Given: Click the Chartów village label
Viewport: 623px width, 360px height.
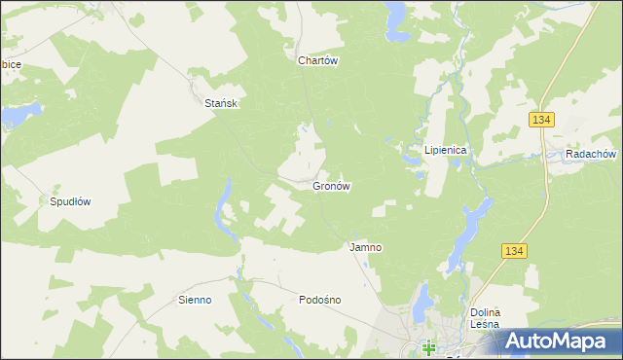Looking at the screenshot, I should tap(317, 59).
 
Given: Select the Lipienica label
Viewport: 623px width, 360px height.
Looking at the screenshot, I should tap(446, 151).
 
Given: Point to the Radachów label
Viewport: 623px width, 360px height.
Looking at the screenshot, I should tap(590, 154).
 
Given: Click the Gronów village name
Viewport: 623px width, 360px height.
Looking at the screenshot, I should tap(331, 185).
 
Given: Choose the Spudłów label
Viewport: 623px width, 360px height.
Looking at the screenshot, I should tap(70, 202).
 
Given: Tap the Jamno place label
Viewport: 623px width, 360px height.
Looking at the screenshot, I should tap(365, 247).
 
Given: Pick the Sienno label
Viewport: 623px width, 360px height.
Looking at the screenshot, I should tap(195, 300).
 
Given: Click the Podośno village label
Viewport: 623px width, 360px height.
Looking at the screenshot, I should tap(319, 300).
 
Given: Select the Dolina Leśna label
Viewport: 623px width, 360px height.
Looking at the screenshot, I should tap(484, 318).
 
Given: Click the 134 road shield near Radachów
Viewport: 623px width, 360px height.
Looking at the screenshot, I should tap(542, 119).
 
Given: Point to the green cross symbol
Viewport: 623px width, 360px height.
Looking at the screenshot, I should tap(428, 345).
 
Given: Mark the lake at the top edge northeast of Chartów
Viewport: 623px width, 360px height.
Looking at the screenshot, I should tap(396, 17).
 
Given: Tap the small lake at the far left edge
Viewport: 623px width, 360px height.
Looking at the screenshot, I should tap(15, 118).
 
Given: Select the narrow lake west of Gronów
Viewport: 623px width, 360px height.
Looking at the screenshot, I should tap(228, 209).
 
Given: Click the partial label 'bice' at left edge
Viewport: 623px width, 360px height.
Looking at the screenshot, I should tap(11, 64).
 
